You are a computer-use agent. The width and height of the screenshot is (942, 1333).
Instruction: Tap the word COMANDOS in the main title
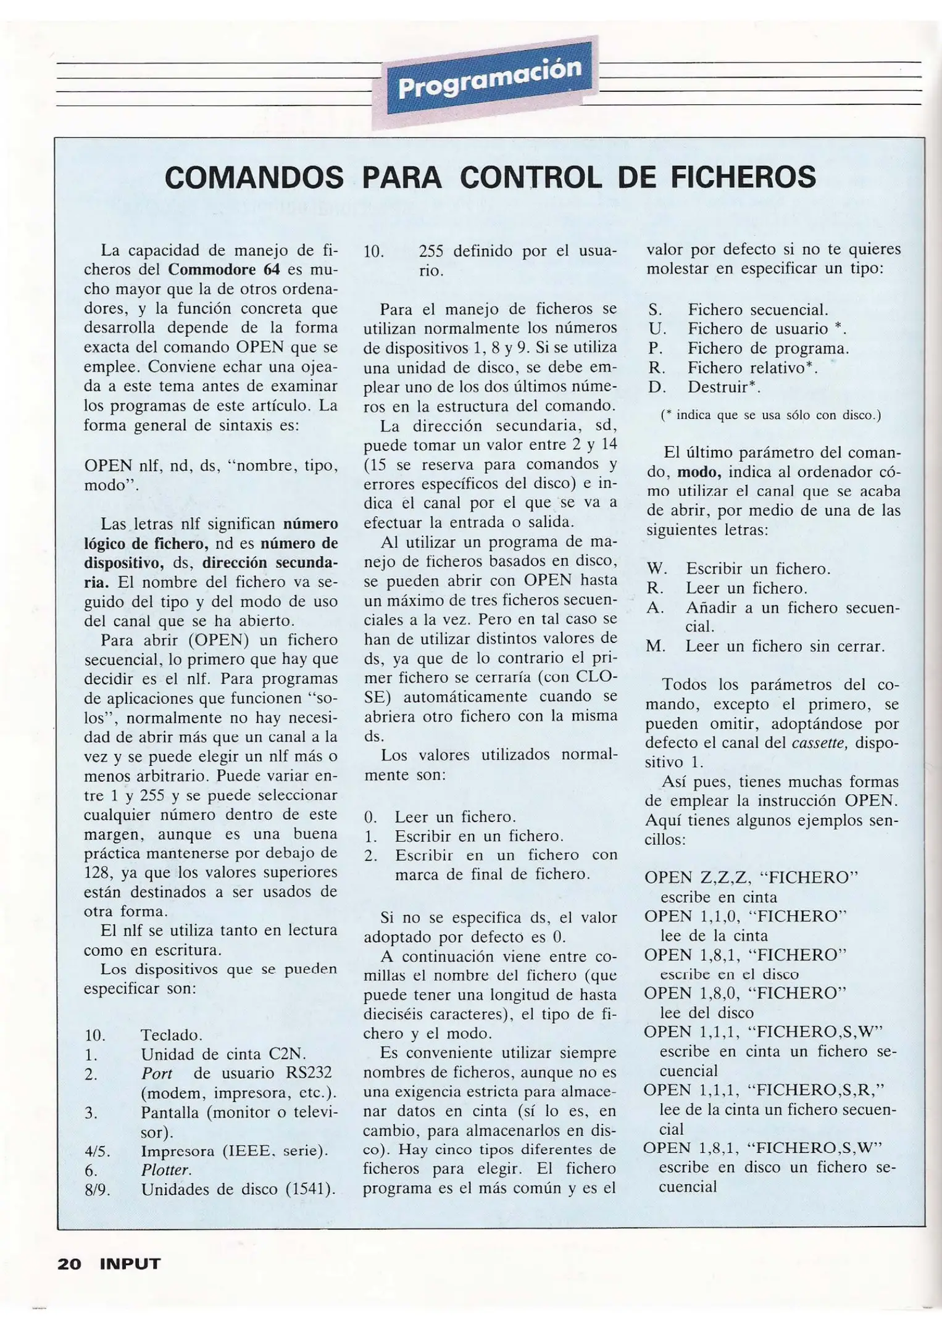point(254,178)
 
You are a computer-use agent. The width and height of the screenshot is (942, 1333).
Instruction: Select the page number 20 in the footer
point(69,1264)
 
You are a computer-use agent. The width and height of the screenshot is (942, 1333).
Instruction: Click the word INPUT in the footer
point(130,1264)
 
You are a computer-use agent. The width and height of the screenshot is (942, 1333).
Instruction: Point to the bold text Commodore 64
point(224,270)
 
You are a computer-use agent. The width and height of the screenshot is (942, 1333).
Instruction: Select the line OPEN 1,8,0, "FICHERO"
point(744,993)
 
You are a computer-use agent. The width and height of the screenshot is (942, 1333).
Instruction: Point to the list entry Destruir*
point(724,388)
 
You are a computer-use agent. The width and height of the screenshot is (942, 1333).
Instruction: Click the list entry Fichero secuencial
point(758,310)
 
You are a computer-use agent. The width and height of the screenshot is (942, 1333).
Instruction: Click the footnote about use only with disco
point(770,415)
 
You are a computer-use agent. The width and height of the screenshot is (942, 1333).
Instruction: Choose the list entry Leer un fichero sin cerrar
point(785,646)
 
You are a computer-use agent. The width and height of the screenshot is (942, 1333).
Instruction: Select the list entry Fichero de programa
point(769,349)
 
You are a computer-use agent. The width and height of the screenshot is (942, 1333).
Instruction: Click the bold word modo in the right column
point(699,473)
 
